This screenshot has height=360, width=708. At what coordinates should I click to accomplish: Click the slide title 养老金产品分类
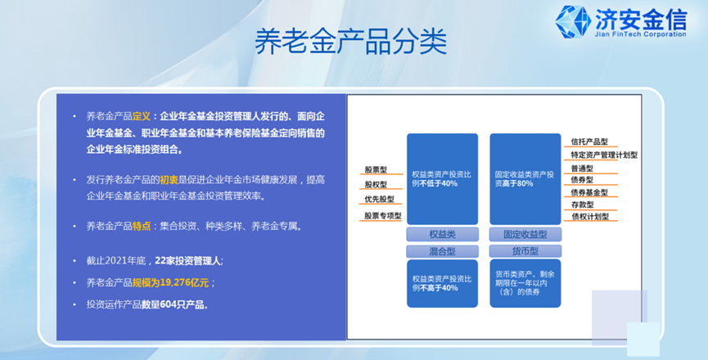click(x=351, y=42)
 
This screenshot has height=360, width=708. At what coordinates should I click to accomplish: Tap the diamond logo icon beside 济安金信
click(x=573, y=21)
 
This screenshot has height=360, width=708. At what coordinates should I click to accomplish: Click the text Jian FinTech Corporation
click(x=640, y=34)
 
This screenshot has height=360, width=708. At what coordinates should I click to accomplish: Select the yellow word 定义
click(x=142, y=116)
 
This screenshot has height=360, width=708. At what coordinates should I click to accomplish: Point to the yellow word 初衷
click(x=169, y=180)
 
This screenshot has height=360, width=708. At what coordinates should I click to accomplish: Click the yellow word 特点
click(x=142, y=226)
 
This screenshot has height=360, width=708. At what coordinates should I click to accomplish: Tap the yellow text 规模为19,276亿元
click(x=170, y=283)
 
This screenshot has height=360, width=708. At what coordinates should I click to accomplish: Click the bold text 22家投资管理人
click(x=187, y=261)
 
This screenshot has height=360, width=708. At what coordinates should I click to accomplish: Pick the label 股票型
click(x=377, y=170)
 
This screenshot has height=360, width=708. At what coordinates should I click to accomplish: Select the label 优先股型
click(x=379, y=199)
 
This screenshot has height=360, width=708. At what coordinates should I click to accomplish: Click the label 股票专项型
click(x=383, y=216)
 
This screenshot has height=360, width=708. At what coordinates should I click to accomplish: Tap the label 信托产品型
click(x=589, y=142)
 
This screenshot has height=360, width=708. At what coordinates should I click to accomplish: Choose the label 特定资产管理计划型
click(x=604, y=155)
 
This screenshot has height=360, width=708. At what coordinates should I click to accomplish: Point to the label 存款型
click(x=582, y=205)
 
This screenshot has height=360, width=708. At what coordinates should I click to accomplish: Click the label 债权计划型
click(x=589, y=217)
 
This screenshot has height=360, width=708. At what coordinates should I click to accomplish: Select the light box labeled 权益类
click(x=442, y=234)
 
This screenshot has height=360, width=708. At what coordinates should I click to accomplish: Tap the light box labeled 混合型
click(x=442, y=251)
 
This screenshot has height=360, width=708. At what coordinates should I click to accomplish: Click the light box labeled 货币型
click(x=525, y=251)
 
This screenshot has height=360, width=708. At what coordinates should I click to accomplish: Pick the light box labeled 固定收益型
click(x=525, y=234)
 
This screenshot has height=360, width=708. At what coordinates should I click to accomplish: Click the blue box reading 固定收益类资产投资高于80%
click(x=525, y=179)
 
